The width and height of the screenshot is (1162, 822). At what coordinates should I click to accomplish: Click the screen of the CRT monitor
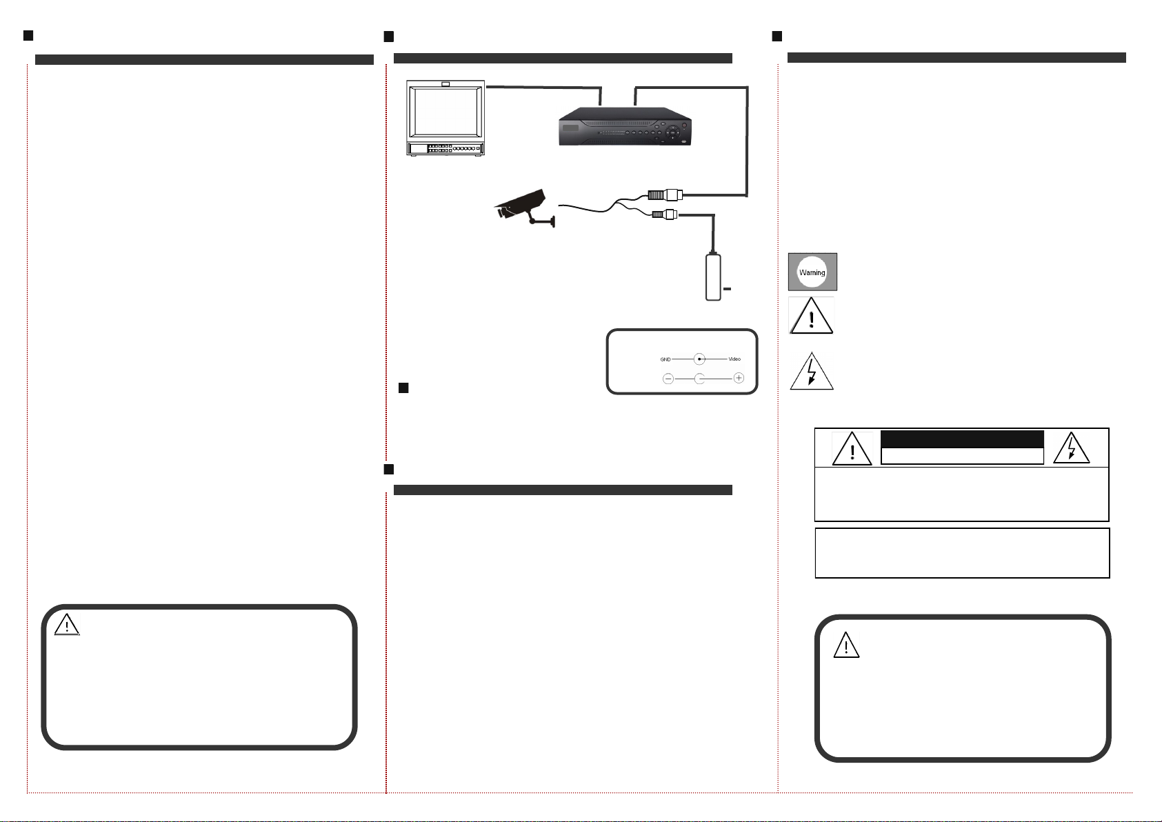(x=445, y=112)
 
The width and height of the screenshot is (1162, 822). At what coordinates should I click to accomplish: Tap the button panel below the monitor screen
(x=445, y=149)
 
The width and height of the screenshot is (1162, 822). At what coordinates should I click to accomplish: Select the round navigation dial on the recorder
(x=672, y=132)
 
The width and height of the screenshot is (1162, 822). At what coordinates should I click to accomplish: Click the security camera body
(x=520, y=204)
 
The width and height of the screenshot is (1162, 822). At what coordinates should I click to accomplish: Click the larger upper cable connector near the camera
(x=665, y=195)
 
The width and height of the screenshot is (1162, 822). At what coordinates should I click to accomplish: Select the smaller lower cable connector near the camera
(x=665, y=214)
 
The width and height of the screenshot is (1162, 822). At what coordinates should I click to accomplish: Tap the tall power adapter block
(x=713, y=277)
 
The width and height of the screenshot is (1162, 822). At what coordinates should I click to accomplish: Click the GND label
(x=665, y=359)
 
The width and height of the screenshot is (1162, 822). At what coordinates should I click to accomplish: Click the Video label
(x=734, y=359)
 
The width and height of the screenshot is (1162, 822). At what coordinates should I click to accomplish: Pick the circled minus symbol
(x=668, y=379)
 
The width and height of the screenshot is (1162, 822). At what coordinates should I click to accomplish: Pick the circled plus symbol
(x=739, y=378)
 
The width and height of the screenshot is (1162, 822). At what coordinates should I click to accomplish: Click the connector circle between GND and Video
(x=699, y=359)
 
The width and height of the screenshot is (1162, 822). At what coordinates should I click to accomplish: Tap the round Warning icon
(x=812, y=272)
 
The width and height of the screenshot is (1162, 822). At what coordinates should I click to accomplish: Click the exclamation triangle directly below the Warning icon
(x=811, y=316)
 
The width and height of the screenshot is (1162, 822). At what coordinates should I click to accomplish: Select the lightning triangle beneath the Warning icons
(x=811, y=372)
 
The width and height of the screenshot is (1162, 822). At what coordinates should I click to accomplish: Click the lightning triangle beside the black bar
(x=1071, y=448)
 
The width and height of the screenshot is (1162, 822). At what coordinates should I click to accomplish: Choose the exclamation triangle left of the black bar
(x=852, y=449)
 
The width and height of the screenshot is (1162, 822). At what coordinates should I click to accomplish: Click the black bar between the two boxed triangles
(x=962, y=439)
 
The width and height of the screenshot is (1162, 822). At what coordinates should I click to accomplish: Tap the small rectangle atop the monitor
(x=445, y=84)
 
